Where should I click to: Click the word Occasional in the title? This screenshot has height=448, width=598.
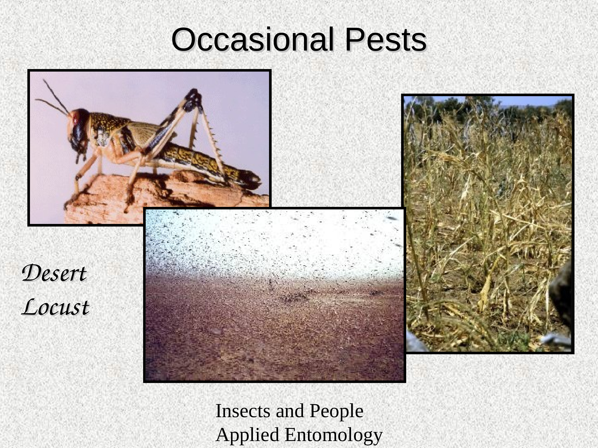[252, 40]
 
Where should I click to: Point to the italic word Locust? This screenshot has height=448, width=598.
[56, 307]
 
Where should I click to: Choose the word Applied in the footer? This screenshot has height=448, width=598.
[247, 435]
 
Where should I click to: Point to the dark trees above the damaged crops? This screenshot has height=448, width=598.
[487, 108]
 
